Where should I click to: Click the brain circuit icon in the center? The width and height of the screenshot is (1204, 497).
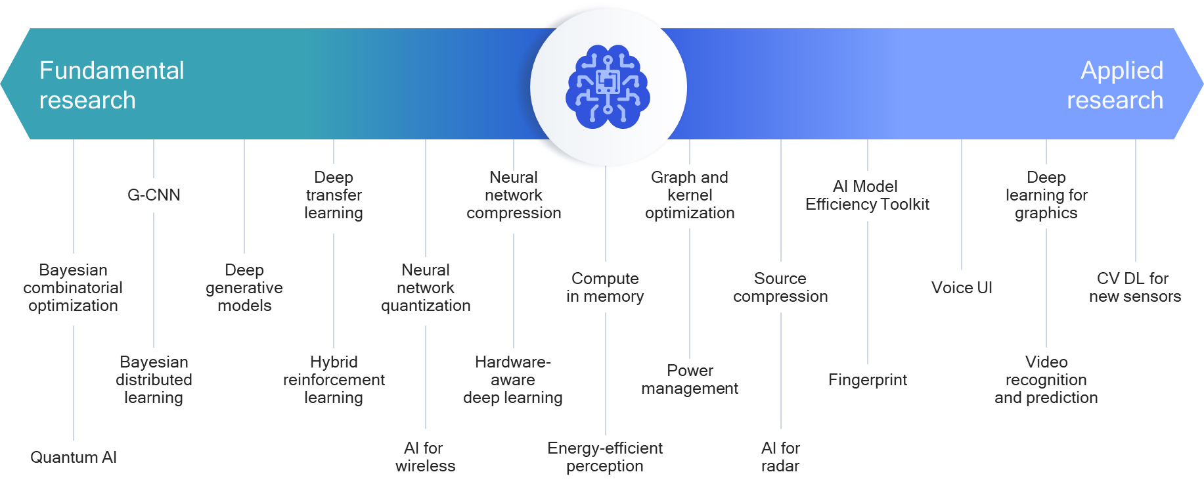[608, 87]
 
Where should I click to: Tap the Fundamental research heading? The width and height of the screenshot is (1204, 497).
[112, 85]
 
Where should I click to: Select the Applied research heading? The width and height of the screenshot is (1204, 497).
[1115, 85]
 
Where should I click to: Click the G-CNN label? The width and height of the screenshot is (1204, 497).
[154, 195]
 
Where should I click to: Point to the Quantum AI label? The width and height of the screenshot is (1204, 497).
[74, 458]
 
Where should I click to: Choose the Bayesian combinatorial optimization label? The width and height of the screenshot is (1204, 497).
[73, 288]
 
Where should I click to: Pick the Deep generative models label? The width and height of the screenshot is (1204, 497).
[244, 288]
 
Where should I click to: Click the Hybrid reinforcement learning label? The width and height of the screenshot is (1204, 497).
[334, 380]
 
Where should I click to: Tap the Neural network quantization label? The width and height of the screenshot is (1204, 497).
[426, 288]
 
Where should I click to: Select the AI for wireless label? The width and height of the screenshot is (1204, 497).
[425, 457]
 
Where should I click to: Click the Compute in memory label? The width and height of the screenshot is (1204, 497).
[605, 287]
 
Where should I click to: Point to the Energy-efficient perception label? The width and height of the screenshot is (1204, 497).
[605, 457]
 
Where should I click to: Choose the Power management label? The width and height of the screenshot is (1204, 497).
[690, 379]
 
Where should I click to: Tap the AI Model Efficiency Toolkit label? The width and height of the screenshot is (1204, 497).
[867, 195]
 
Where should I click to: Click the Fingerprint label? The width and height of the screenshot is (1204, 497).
[868, 380]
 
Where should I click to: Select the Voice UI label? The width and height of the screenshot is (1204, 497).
[962, 288]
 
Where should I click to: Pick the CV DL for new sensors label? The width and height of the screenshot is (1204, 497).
[1135, 287]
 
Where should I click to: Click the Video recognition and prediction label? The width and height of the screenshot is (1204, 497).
[1046, 380]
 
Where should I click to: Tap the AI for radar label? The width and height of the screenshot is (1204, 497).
[780, 457]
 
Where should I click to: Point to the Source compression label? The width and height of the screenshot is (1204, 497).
[780, 287]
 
